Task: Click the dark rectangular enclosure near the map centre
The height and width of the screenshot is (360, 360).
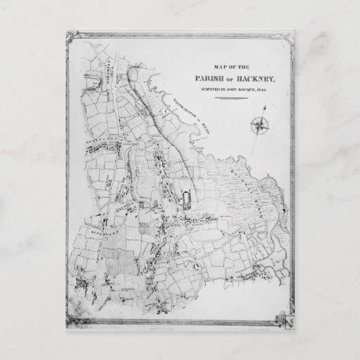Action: (x=187, y=198)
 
